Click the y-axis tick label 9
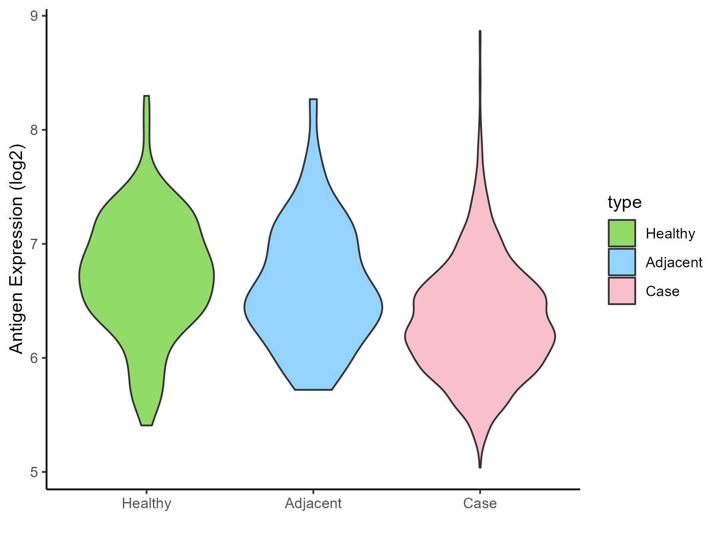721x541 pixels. [x=34, y=16]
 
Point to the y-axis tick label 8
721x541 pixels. [x=34, y=130]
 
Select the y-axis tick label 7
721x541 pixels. [x=34, y=244]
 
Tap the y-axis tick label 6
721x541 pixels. [x=34, y=358]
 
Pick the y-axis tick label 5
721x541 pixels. [x=34, y=472]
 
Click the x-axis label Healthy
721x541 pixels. [x=147, y=503]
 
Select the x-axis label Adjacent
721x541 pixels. [x=313, y=503]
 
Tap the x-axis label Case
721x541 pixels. [x=480, y=503]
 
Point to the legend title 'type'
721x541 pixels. [x=624, y=202]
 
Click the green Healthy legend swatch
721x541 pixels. [x=622, y=233]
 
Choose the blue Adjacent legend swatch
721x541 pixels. [x=622, y=262]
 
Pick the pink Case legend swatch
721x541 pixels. [x=622, y=291]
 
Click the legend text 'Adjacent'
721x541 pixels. [x=674, y=262]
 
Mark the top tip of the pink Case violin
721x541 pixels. [x=480, y=31]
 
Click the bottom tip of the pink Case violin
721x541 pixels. [x=480, y=467]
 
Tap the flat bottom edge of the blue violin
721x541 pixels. [x=313, y=390]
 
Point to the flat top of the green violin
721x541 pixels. [x=147, y=96]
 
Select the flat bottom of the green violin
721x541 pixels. [x=147, y=425]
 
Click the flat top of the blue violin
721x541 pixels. [x=313, y=99]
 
